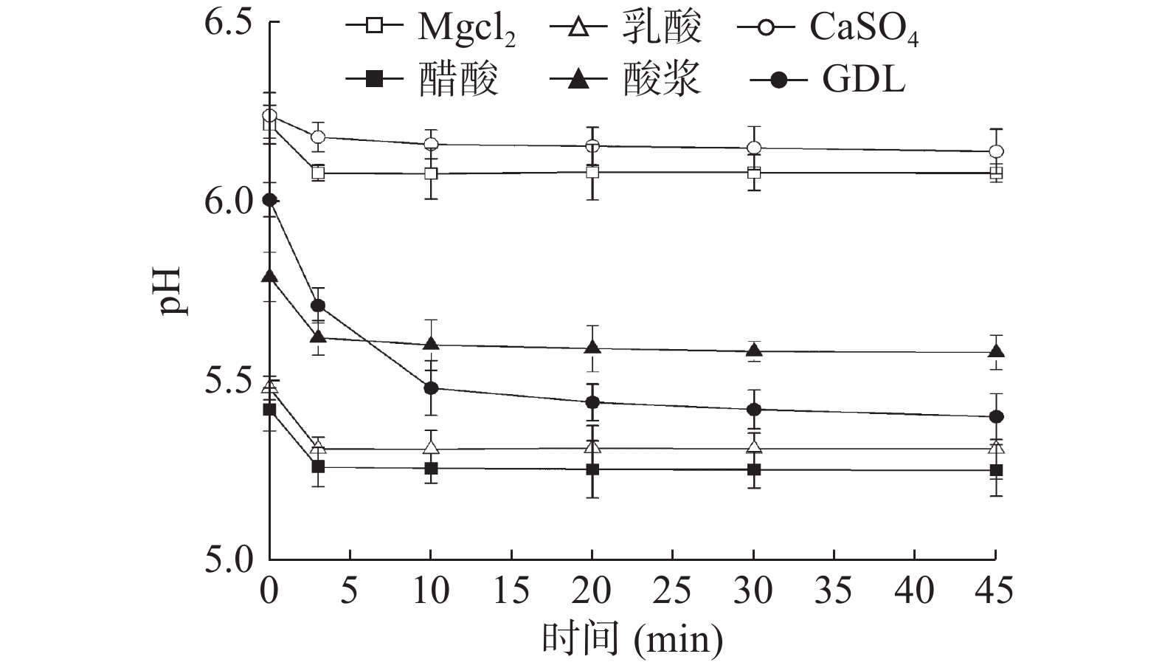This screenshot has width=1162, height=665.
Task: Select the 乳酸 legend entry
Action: (661, 28)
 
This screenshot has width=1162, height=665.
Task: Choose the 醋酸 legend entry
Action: (458, 79)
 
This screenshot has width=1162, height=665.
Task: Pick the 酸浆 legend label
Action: (661, 79)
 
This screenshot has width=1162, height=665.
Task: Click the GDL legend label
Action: (862, 79)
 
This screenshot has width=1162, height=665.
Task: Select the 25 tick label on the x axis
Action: (673, 591)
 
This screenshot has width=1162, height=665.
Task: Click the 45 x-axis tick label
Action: (995, 591)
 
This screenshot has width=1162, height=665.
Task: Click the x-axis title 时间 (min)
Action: (632, 639)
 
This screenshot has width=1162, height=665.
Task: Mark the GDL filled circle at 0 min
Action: (270, 200)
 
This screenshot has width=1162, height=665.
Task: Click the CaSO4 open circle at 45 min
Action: (996, 151)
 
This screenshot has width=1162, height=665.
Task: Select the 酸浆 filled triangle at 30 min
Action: (754, 351)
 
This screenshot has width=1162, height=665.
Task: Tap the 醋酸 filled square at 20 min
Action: (592, 469)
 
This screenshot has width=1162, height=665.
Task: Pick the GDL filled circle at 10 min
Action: (432, 388)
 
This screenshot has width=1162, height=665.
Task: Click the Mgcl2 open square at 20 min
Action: (592, 172)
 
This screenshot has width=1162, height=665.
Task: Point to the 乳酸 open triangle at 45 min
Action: (996, 447)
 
